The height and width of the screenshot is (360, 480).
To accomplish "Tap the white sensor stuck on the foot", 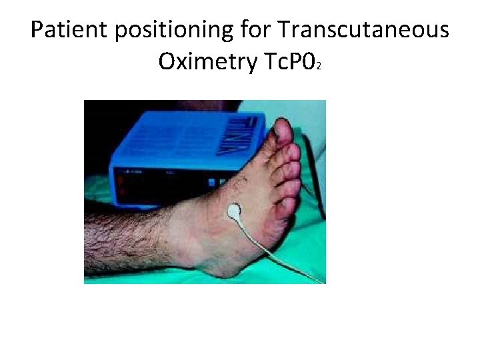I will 234,211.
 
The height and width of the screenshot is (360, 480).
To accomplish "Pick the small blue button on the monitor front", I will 212,182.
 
